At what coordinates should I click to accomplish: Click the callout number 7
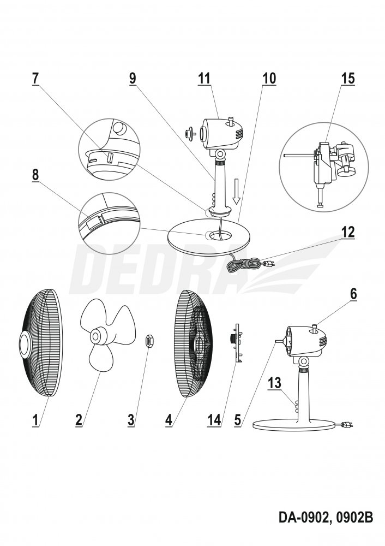pyautogui.click(x=35, y=78)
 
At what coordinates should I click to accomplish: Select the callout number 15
pyautogui.click(x=347, y=78)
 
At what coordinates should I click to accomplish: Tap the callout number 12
pyautogui.click(x=347, y=232)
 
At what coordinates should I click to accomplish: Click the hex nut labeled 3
pyautogui.click(x=148, y=341)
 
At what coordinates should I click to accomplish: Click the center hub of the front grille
pyautogui.click(x=26, y=345)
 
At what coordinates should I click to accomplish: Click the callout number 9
pyautogui.click(x=133, y=78)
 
